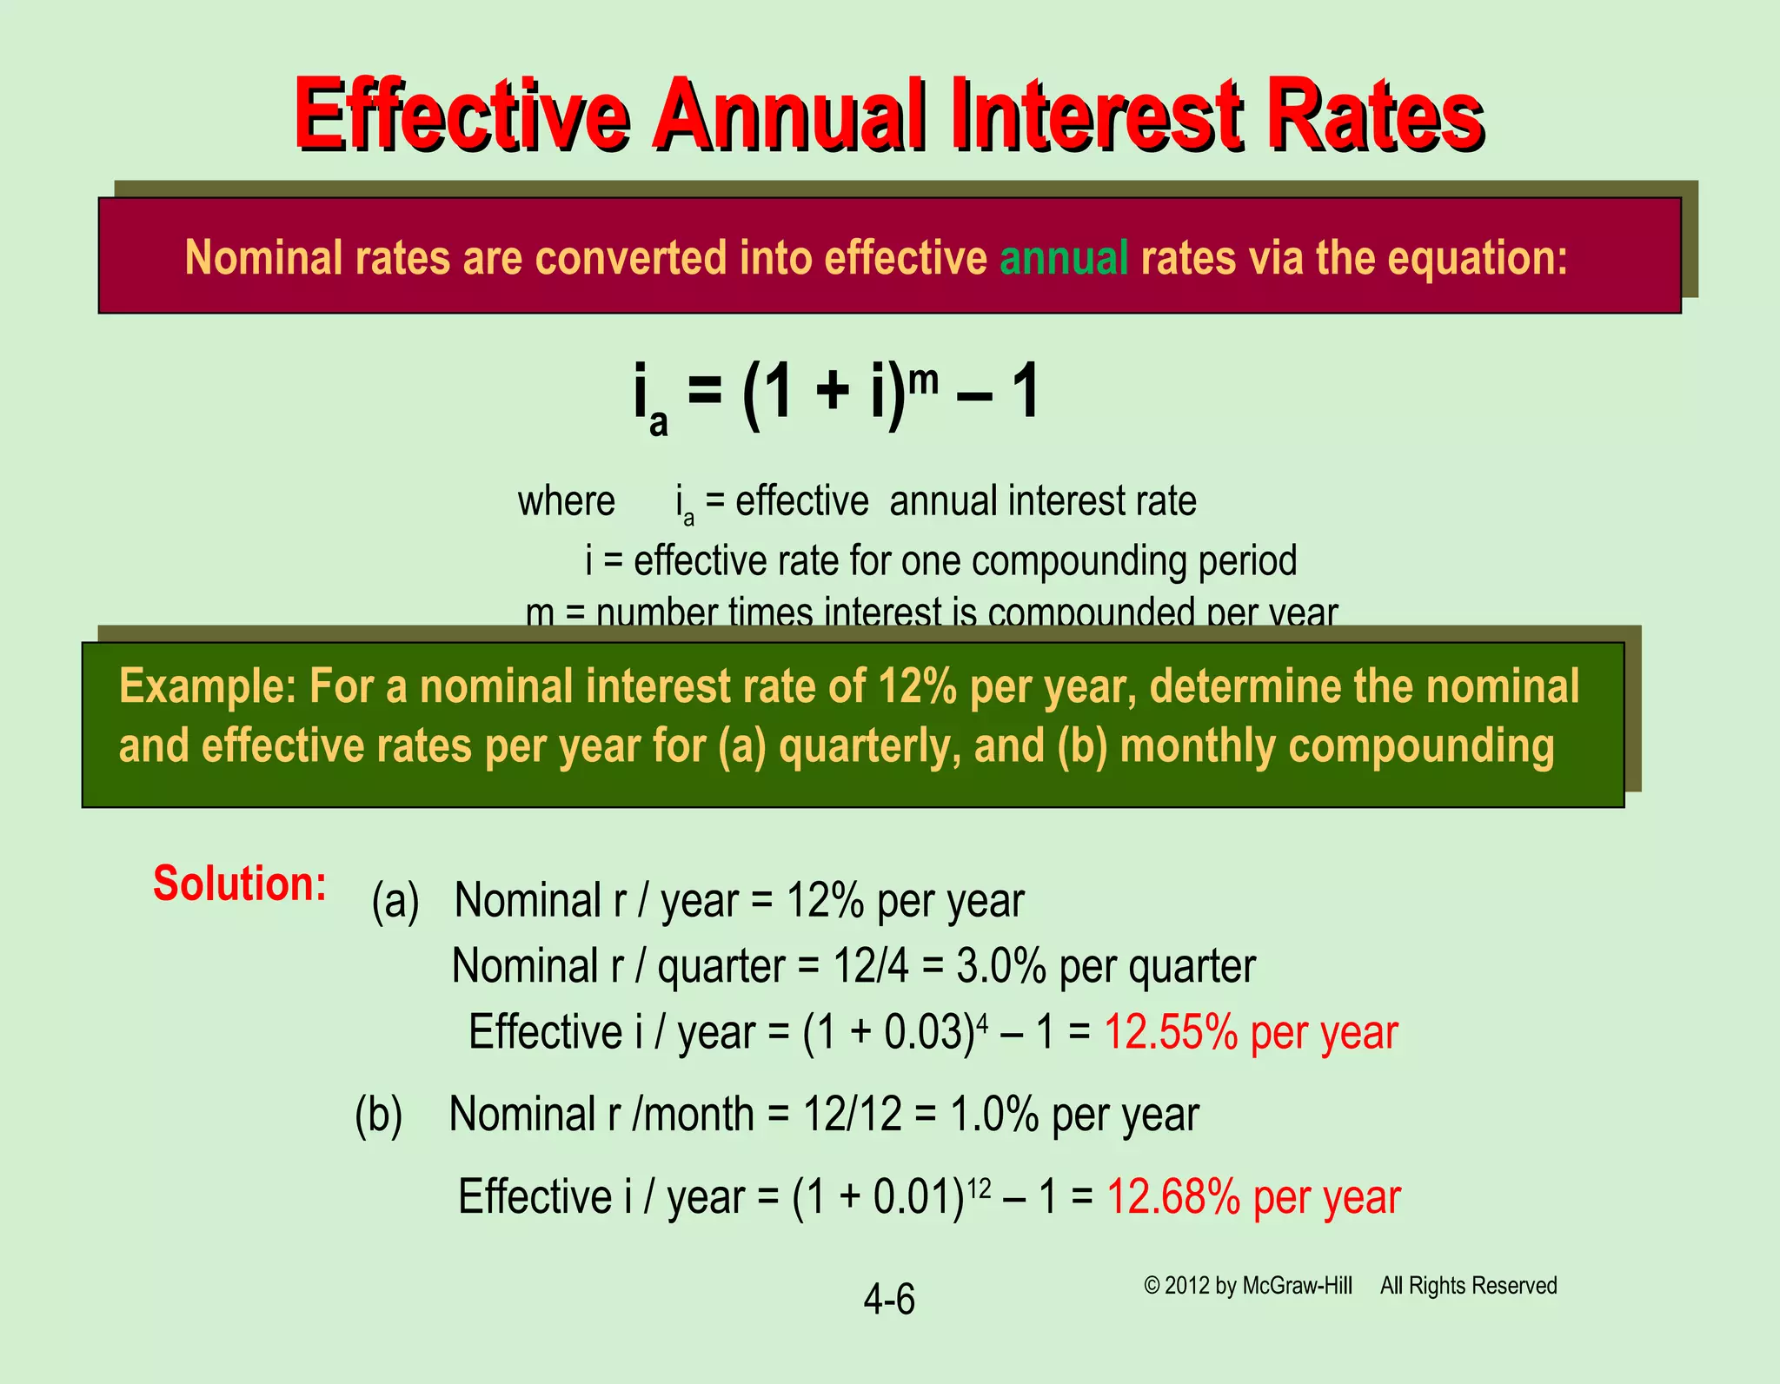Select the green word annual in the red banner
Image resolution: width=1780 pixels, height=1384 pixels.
1064,258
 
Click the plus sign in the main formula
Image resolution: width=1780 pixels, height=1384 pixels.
832,393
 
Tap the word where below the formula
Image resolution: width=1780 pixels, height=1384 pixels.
566,502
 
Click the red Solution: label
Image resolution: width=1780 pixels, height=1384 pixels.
240,884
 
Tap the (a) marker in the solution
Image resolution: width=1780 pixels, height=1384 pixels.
395,901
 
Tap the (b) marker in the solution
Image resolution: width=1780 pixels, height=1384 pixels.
379,1115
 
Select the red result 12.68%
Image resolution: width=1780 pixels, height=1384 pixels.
1173,1197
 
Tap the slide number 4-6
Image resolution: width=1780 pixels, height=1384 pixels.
889,1301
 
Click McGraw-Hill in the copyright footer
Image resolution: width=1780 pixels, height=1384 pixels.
1297,1286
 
